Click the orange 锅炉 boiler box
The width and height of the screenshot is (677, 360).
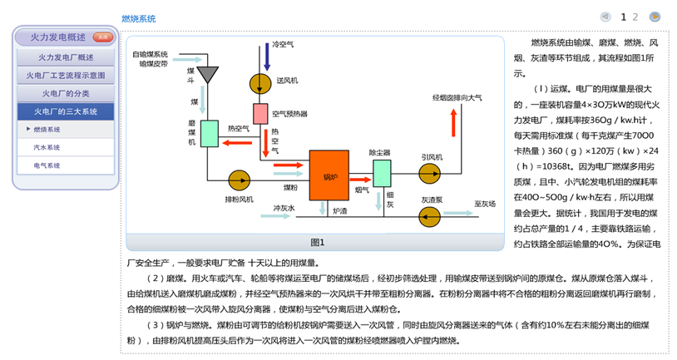[329, 175]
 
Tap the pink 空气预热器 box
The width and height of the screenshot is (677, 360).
[260, 113]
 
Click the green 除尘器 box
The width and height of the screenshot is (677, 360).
[382, 173]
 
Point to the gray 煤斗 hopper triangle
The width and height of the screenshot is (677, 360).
[205, 74]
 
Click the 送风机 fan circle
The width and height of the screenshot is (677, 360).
[260, 81]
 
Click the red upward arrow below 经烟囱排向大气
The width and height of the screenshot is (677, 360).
[452, 123]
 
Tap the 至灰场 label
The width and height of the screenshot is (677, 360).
[485, 203]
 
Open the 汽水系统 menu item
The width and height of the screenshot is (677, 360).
[47, 147]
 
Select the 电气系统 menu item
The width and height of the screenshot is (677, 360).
[47, 165]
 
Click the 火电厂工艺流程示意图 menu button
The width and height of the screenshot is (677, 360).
[66, 76]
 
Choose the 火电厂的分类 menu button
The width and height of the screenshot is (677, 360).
[66, 93]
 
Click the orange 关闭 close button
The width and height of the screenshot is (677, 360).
[101, 37]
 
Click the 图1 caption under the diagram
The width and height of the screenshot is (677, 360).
[317, 242]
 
